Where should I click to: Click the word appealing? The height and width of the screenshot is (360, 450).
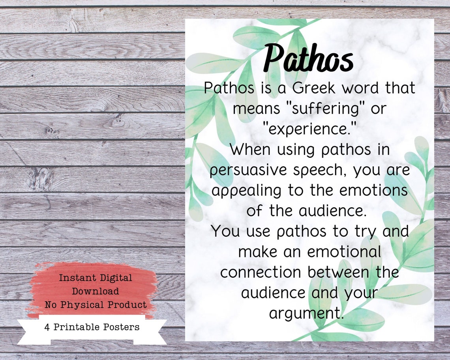pos(247,191)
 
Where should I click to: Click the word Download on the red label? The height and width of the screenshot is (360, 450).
pos(95,291)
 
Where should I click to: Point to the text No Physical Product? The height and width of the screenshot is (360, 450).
pos(95,305)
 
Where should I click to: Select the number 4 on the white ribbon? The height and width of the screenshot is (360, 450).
pos(47,327)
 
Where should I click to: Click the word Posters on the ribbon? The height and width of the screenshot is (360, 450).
pos(123,327)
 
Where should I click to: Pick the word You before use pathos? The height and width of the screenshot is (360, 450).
pos(226,231)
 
